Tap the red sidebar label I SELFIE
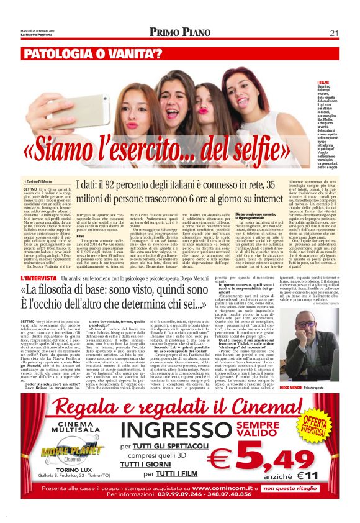click(x=324, y=83)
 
